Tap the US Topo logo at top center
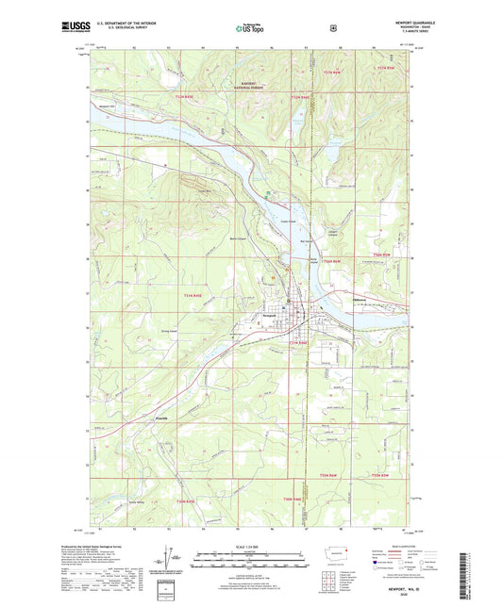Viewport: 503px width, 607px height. coord(249,29)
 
